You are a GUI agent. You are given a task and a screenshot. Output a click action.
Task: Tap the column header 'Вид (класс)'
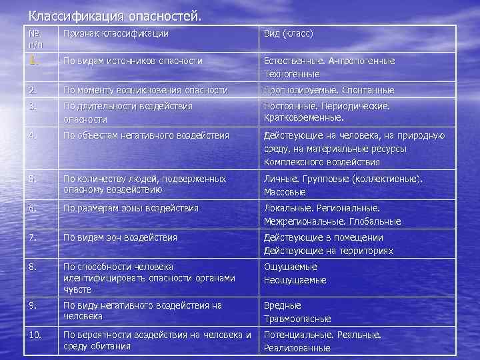[x=288, y=33]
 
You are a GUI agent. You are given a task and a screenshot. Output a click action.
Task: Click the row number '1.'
[x=35, y=60]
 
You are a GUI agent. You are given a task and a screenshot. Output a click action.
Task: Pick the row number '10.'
[x=36, y=335]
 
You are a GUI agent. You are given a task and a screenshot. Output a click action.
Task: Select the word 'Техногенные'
[x=292, y=74]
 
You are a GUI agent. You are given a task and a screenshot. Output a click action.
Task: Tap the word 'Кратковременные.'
[x=303, y=118]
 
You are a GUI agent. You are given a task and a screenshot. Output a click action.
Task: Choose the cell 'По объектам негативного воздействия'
[x=146, y=135]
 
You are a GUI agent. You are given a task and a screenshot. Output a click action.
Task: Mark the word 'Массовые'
[x=285, y=192]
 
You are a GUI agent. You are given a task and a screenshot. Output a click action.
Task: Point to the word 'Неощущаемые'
[x=295, y=280]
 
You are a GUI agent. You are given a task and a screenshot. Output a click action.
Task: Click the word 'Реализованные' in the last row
[x=297, y=347]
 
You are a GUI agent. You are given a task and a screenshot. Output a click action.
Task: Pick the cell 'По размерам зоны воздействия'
[x=131, y=208]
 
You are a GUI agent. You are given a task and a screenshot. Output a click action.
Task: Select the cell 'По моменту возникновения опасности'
[x=145, y=90]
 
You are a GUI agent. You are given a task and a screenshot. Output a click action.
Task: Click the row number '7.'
[x=33, y=237]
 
